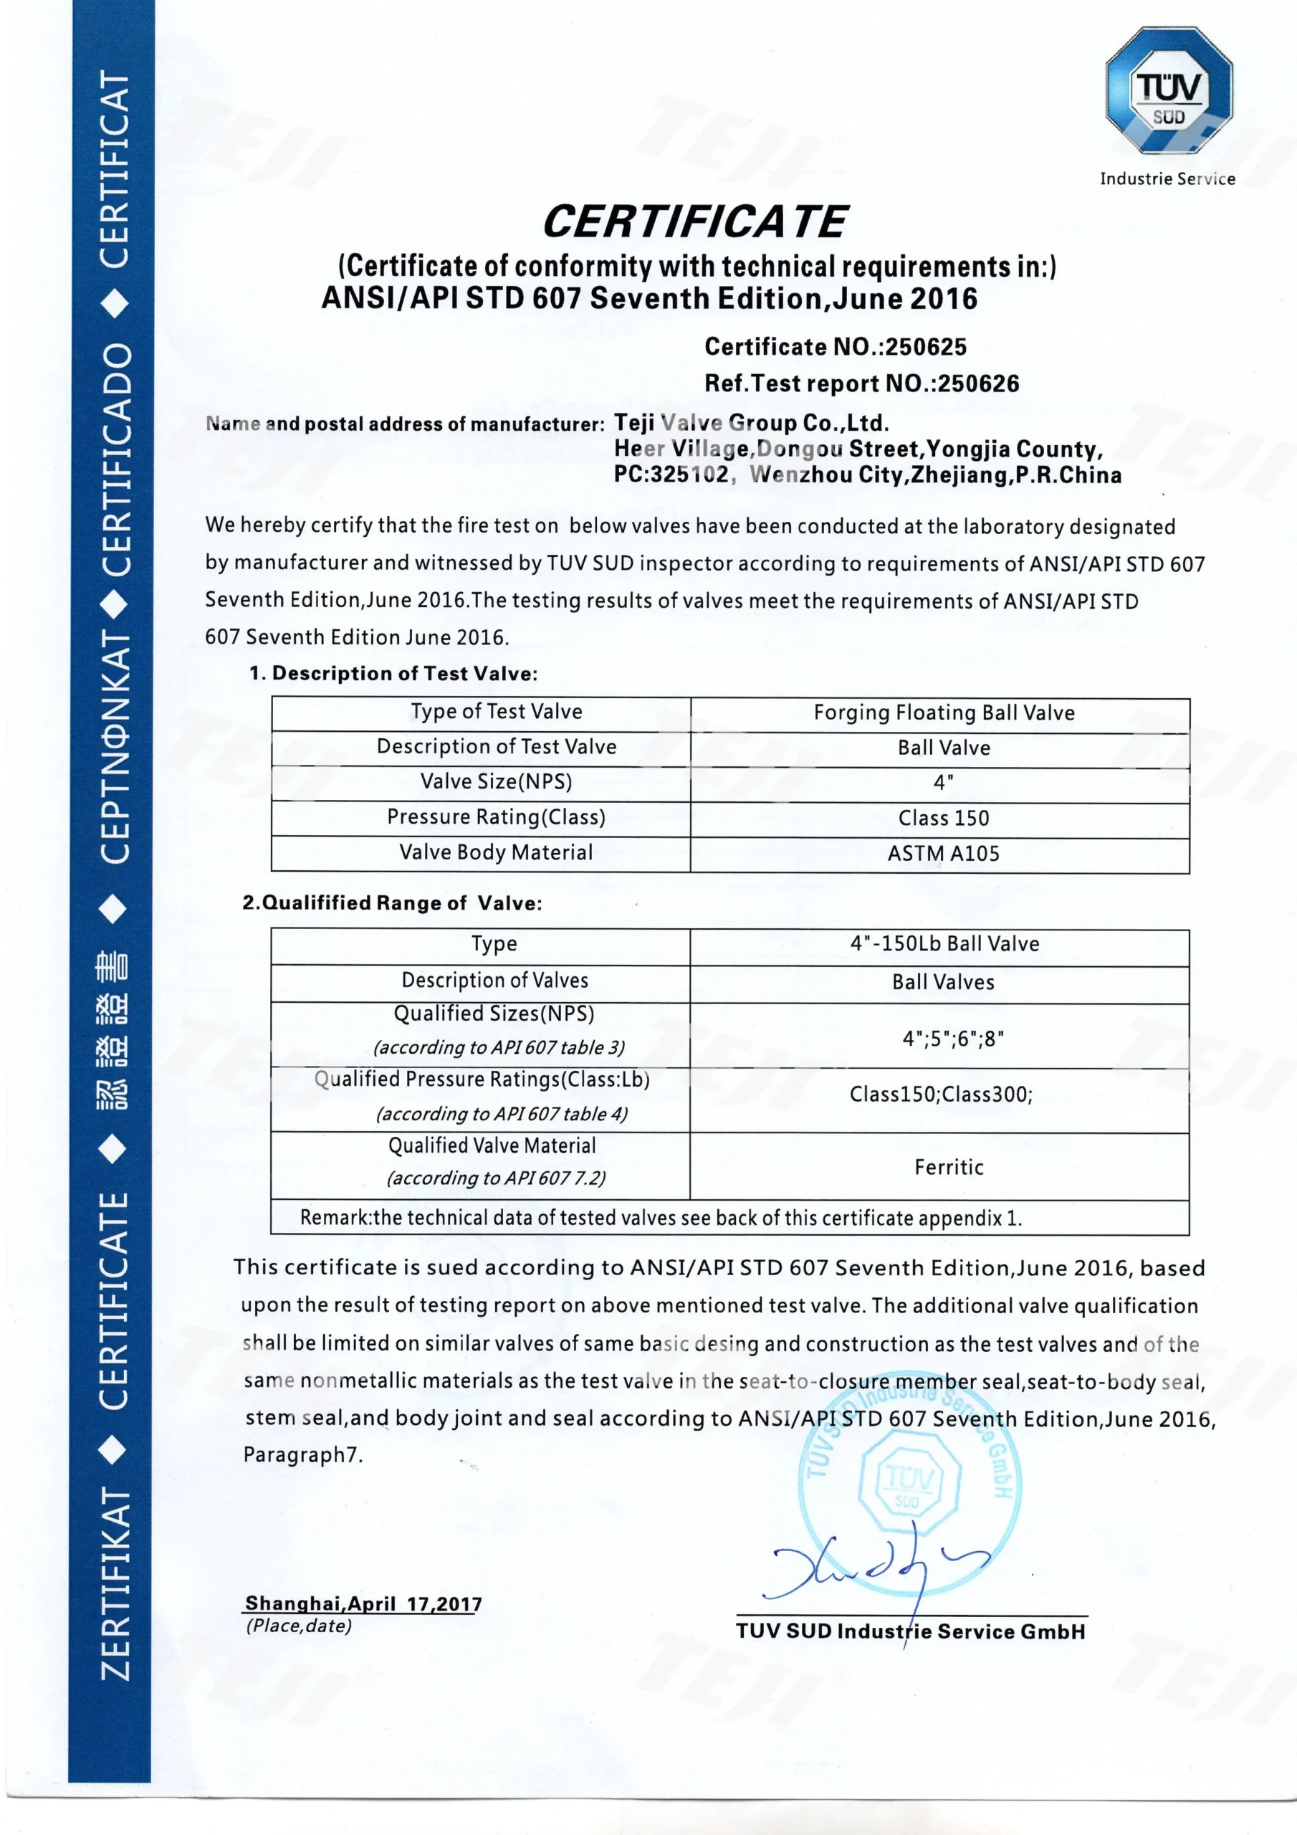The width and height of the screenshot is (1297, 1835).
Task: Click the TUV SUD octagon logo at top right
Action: [1168, 90]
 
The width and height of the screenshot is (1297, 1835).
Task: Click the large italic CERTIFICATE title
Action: [694, 221]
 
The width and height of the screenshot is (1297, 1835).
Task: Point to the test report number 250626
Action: [978, 383]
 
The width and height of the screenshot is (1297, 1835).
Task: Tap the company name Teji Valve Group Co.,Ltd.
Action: [751, 423]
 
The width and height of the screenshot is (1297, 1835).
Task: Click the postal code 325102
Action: [689, 475]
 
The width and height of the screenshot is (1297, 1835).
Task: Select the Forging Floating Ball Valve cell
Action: [944, 712]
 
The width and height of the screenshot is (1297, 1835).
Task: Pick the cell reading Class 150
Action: [943, 818]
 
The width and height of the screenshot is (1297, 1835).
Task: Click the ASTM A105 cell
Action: [943, 854]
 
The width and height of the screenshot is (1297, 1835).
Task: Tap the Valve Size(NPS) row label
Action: [497, 781]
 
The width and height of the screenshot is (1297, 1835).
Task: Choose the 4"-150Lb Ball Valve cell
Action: [944, 944]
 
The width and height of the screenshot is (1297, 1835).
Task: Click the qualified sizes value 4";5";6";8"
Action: [952, 1038]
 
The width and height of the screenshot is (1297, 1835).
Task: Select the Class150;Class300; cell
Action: [941, 1094]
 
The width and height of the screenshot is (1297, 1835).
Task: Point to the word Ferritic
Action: [949, 1167]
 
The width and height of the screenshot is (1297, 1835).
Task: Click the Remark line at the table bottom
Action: [661, 1217]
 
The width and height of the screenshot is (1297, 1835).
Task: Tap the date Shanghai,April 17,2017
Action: [363, 1603]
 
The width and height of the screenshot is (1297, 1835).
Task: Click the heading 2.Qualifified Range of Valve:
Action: [391, 903]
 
